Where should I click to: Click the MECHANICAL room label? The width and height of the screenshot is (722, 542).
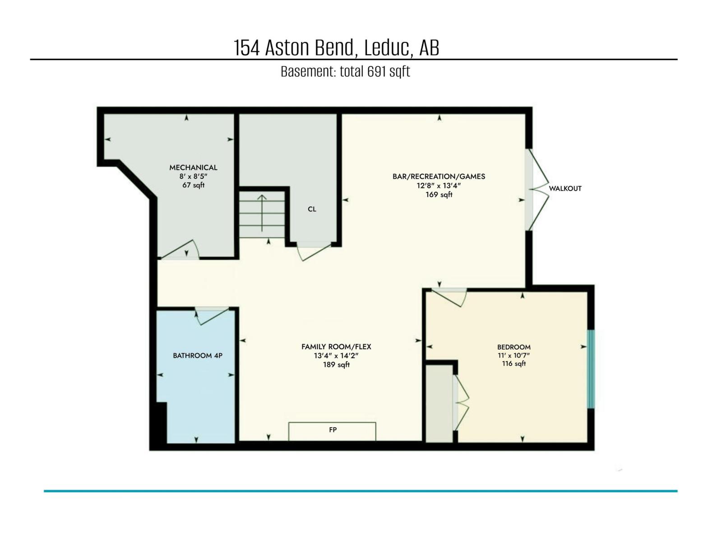193,168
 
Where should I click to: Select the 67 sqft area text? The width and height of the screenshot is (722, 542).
193,185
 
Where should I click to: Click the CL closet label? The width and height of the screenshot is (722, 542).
312,209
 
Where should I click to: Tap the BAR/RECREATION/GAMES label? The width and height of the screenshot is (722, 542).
439,177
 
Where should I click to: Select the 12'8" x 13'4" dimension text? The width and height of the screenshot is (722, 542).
439,186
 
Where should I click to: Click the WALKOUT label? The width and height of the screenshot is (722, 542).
565,188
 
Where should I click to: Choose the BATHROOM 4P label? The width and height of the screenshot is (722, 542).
198,355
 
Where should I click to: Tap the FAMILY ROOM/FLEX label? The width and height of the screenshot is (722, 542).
336,346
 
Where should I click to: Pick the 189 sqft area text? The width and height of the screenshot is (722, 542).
336,364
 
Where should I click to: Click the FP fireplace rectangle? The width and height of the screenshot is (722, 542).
332,430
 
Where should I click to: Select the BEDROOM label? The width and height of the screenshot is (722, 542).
514,347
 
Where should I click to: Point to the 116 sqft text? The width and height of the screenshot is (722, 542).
514,364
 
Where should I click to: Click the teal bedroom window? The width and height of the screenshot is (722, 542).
591,369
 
